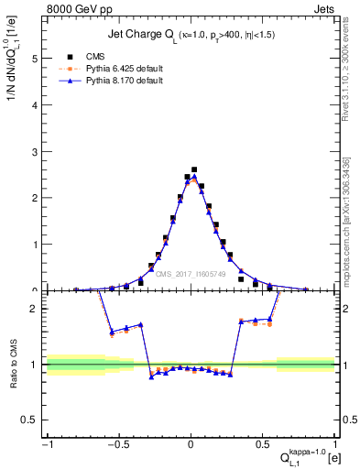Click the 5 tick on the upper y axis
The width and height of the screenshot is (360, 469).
coord(38,58)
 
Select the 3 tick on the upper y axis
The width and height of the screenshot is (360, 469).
coord(38,151)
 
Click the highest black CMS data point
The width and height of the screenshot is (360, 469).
coord(194,169)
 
